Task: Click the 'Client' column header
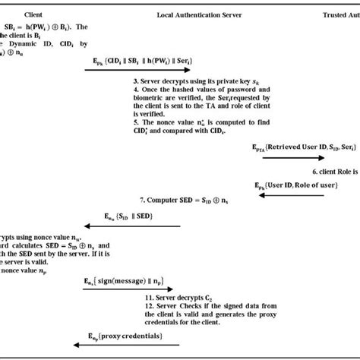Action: (33, 14)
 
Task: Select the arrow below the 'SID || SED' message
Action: (129, 226)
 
